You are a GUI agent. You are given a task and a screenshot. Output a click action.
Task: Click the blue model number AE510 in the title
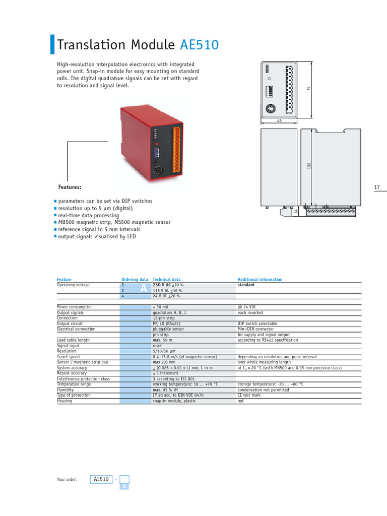click(x=200, y=45)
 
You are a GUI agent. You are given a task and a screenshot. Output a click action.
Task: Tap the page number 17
click(x=377, y=187)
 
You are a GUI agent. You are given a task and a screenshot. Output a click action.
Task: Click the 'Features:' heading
click(x=70, y=187)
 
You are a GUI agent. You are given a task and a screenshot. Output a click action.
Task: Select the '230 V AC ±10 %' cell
click(x=168, y=285)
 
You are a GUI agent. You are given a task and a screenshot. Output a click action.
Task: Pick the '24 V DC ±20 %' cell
click(x=168, y=296)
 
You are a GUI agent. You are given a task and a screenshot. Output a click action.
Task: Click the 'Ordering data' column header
click(x=135, y=280)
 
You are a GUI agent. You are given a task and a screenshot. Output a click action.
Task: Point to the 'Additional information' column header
click(x=260, y=280)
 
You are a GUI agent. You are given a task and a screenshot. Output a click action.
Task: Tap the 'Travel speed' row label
click(x=69, y=357)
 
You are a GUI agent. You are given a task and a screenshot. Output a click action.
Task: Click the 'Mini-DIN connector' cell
click(x=256, y=329)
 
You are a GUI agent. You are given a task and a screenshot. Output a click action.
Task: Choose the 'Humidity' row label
click(x=66, y=390)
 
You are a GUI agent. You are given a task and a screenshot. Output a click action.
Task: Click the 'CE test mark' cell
click(x=249, y=396)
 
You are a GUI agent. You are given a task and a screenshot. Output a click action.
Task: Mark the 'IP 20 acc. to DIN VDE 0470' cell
click(x=179, y=396)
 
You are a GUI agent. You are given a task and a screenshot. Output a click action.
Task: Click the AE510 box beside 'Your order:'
click(x=101, y=479)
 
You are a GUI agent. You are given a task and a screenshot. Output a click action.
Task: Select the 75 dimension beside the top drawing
click(x=309, y=88)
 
